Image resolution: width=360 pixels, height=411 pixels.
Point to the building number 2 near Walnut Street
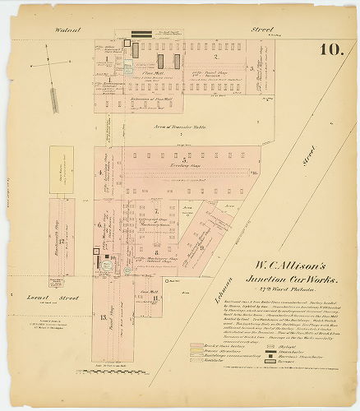215,57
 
